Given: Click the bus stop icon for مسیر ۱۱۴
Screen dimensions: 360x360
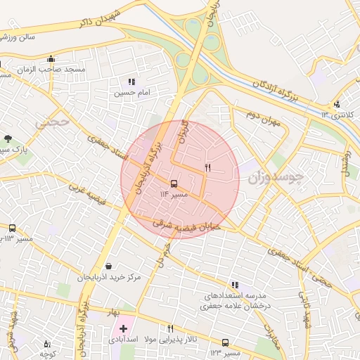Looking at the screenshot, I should click(x=174, y=183).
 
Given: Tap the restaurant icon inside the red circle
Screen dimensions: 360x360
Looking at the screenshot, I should click(x=207, y=167).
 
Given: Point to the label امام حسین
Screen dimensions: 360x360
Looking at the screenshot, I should click(x=132, y=92).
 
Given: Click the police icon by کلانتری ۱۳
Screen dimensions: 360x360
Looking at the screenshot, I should click(x=336, y=104).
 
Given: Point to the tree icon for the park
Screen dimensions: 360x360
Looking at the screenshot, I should click(x=8, y=139).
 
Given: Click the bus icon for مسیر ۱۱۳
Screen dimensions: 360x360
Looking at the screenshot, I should click(x=12, y=229).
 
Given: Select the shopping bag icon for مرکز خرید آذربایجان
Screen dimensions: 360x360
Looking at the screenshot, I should click(x=108, y=266).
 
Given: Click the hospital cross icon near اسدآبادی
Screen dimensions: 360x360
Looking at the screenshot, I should click(x=124, y=328).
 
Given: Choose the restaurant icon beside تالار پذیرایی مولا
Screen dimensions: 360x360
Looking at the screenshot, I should click(x=169, y=328).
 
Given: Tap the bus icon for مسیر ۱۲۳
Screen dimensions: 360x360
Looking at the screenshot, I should click(x=225, y=342).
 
